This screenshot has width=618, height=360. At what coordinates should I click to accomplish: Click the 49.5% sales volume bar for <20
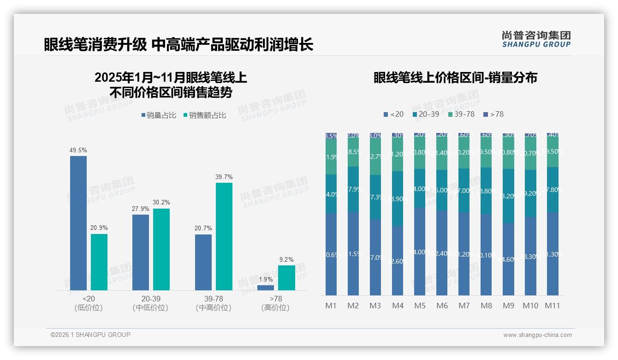pos(78,223)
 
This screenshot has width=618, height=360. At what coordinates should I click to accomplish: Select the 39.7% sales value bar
pos(224,236)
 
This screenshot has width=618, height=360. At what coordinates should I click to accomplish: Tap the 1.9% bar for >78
pos(266,288)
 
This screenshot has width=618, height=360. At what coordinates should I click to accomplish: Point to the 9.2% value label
pos(286,259)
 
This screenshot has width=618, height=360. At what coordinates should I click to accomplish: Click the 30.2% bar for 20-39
pos(161,249)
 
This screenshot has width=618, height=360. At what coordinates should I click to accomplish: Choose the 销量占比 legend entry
pos(159,115)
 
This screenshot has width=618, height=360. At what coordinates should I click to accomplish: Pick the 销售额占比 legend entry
pos(205,115)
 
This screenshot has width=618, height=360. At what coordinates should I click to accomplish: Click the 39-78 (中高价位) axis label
pos(214,303)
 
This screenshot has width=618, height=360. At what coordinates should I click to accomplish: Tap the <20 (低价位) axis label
pos(89,303)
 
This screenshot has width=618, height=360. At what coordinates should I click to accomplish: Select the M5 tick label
pos(420,306)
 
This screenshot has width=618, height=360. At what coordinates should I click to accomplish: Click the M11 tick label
pos(553,306)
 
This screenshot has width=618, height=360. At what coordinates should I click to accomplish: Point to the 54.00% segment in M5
pos(420,252)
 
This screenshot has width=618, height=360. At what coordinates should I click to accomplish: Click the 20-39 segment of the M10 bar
pos(530,193)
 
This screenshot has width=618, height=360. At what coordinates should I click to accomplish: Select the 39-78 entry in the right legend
pos(461,114)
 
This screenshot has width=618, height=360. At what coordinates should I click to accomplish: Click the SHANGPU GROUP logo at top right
pos(536,39)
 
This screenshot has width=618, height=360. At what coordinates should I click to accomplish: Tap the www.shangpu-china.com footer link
pos(537,335)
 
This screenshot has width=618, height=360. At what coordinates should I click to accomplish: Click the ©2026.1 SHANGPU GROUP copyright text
pos(90,335)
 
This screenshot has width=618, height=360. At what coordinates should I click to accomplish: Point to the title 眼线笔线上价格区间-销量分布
pos(455,78)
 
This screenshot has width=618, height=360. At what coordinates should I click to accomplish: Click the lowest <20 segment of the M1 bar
pos(331,254)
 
